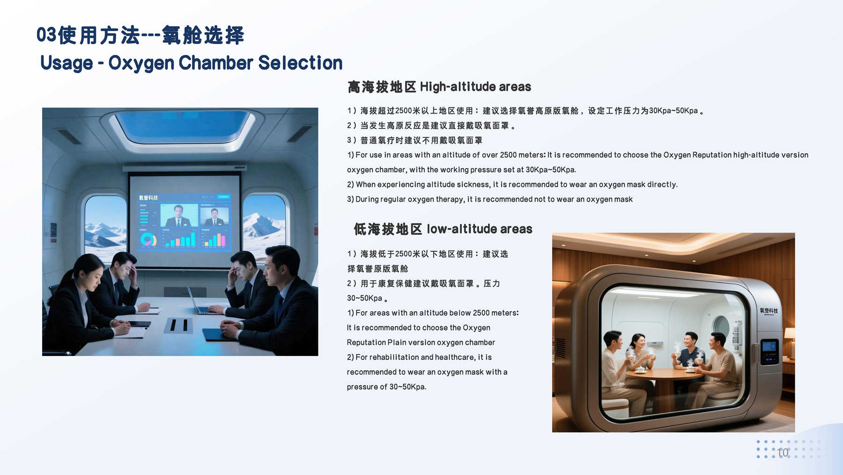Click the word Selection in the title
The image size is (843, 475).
coord(300,63)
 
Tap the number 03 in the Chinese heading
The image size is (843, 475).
coord(46,35)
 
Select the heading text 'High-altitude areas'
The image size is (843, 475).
coord(475,87)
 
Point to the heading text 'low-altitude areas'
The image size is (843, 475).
coord(480,229)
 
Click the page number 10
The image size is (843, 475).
coord(783,452)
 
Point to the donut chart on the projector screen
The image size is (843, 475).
coord(148,240)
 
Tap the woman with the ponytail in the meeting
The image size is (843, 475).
coord(80,300)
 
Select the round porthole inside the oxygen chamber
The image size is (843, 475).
coord(721,326)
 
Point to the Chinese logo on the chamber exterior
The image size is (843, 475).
coord(769,311)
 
